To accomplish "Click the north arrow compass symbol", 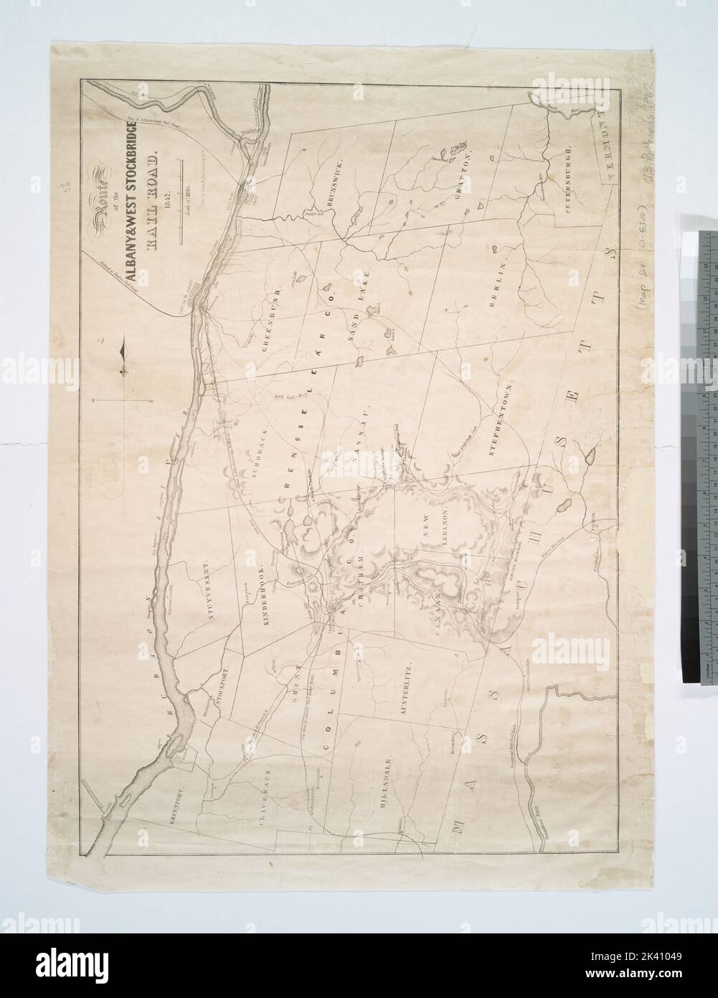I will [x=124, y=355].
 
